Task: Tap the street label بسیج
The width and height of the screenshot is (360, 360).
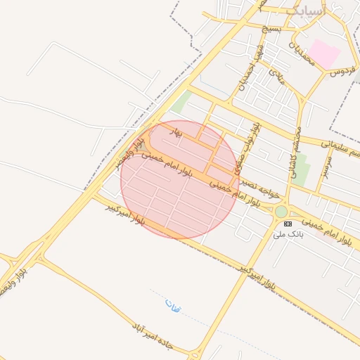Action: click(x=271, y=29)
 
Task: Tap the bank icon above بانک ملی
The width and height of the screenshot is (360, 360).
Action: click(x=287, y=223)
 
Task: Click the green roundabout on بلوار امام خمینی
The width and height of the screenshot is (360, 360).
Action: click(x=281, y=212)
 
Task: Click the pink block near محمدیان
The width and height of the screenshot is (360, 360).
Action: click(x=325, y=53)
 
